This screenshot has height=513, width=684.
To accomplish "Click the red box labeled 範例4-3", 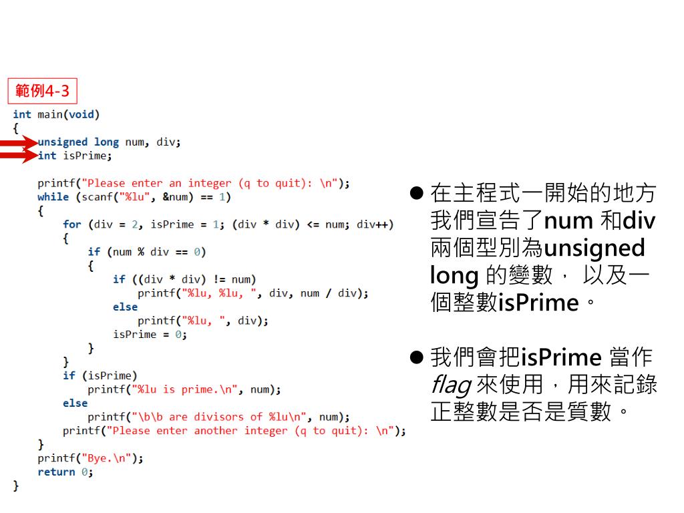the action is click(42, 89).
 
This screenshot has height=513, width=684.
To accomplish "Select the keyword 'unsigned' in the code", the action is click(62, 142).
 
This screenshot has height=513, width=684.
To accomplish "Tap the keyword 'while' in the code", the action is click(53, 197).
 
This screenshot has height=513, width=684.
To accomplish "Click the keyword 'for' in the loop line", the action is click(71, 224).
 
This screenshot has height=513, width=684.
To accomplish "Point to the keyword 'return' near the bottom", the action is click(56, 472).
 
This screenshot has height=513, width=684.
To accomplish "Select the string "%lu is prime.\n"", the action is click(186, 389).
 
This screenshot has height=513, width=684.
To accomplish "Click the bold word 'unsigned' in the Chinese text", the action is click(594, 248).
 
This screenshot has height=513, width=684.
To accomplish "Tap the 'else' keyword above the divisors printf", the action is click(75, 403).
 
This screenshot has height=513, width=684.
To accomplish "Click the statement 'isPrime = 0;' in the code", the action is click(150, 335).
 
